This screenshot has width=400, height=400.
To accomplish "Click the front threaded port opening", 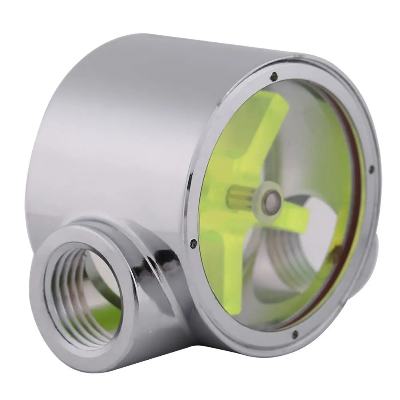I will pos(80,288).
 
